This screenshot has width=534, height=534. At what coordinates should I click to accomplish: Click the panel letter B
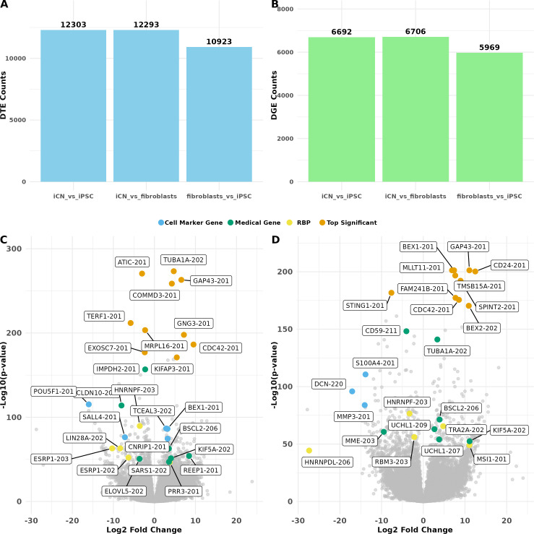274,5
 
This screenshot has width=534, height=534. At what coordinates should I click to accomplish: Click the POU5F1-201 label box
53,391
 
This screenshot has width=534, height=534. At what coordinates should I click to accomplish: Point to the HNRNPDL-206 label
327,462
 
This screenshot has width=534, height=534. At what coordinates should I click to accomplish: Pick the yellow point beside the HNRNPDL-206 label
309,451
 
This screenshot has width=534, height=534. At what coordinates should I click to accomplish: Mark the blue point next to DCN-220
352,391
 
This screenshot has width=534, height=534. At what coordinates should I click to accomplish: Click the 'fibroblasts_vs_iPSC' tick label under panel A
219,196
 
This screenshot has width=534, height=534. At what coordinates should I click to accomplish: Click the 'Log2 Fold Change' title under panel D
415,530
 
